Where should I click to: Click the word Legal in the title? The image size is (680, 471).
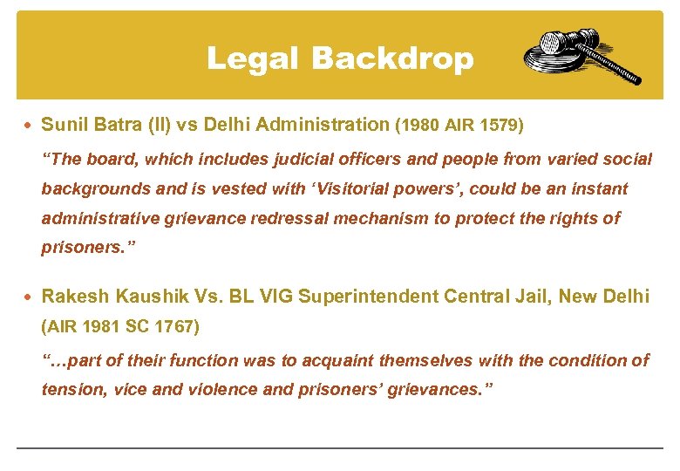[252, 58]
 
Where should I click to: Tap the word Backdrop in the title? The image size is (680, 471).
[392, 58]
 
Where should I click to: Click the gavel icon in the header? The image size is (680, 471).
[581, 56]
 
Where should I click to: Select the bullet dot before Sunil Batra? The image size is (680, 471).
[29, 125]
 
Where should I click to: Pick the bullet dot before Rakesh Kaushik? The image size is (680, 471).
[29, 297]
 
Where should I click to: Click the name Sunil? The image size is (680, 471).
[64, 125]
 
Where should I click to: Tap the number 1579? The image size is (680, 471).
[500, 126]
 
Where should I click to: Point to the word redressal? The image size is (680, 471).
[294, 218]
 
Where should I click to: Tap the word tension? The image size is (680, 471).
[72, 390]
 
